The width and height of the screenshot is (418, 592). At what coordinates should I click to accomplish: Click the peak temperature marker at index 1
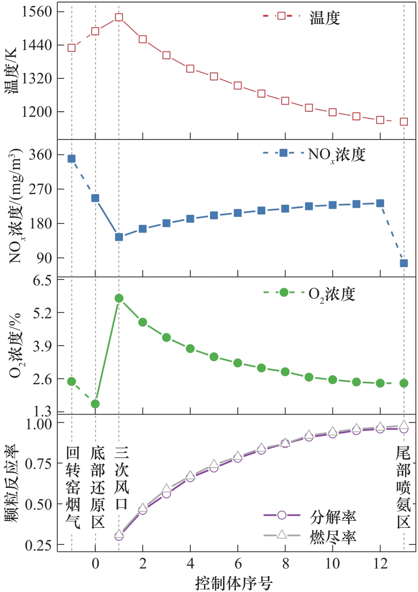tap(119, 17)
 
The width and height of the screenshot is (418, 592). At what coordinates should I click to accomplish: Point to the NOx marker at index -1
tap(71, 159)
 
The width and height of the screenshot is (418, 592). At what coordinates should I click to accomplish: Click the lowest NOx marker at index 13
tap(404, 263)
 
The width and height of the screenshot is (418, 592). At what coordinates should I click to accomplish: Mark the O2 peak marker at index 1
tap(119, 298)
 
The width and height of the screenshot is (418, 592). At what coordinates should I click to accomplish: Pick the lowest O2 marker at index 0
tap(95, 403)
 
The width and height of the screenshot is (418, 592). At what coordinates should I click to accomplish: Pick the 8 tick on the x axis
tap(285, 563)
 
